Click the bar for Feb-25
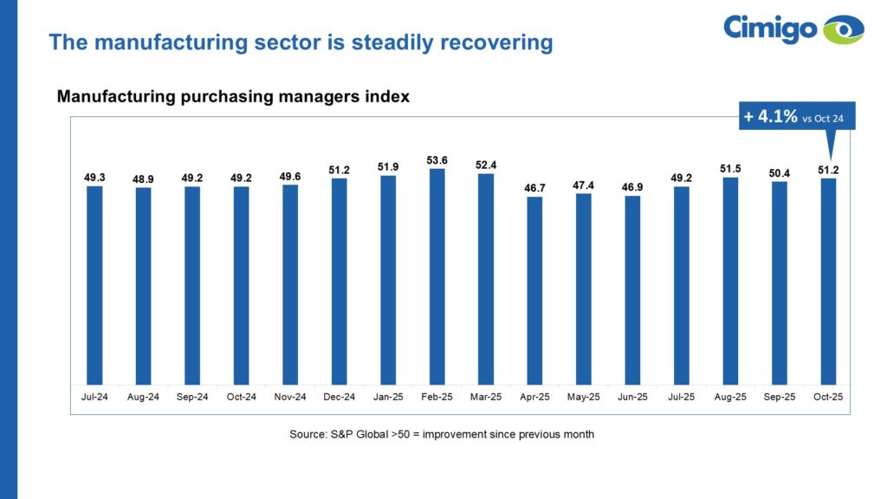tap(437, 276)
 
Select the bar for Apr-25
tap(535, 290)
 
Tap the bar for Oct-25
tap(829, 282)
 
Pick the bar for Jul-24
tap(94, 285)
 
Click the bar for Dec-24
tap(340, 282)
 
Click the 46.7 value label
tap(535, 187)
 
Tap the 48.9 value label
tap(144, 178)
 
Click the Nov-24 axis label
tap(290, 397)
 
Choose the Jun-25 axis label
tap(633, 397)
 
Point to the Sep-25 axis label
tap(780, 397)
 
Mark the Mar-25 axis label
tap(486, 397)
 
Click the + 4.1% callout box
tap(796, 116)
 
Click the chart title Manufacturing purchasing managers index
tap(233, 97)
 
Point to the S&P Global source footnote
tap(442, 434)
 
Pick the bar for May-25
tap(584, 288)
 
